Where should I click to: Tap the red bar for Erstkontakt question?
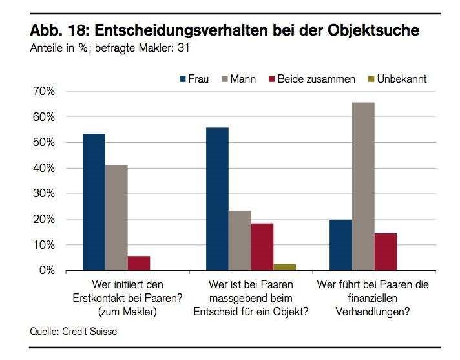point(139,263)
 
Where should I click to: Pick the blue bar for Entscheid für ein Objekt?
point(217,199)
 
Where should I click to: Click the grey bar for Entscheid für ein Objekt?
point(240,240)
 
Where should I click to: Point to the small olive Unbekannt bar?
point(284,267)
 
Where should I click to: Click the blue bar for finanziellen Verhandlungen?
point(340,245)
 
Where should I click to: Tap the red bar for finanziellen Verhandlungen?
point(386,251)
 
